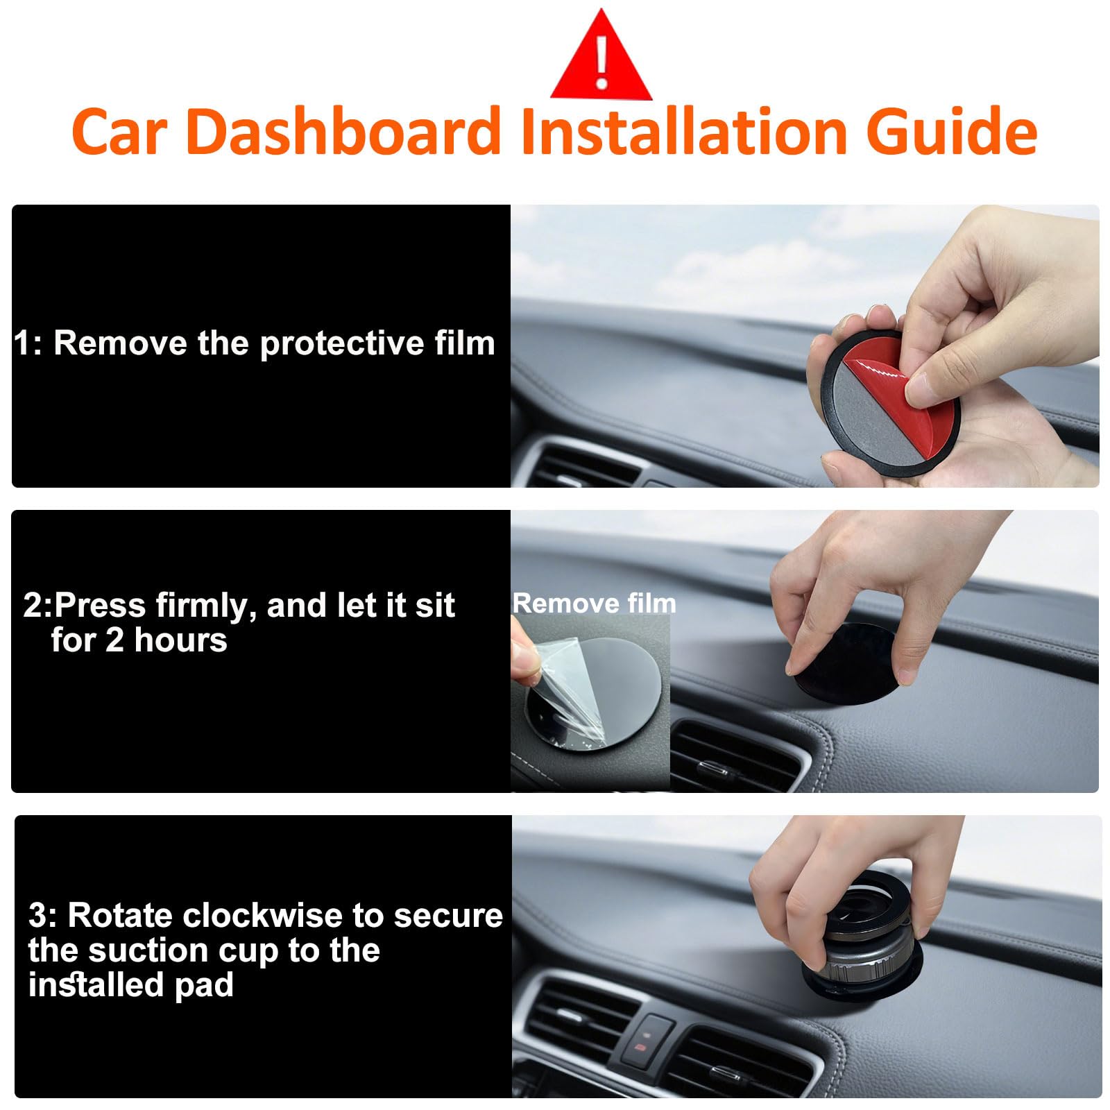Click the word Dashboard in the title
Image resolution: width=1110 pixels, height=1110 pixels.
343,131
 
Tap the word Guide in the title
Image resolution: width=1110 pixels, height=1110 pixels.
952,131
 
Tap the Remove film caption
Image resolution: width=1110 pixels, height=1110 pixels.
595,603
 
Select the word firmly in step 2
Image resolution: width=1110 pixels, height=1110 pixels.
200,606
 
